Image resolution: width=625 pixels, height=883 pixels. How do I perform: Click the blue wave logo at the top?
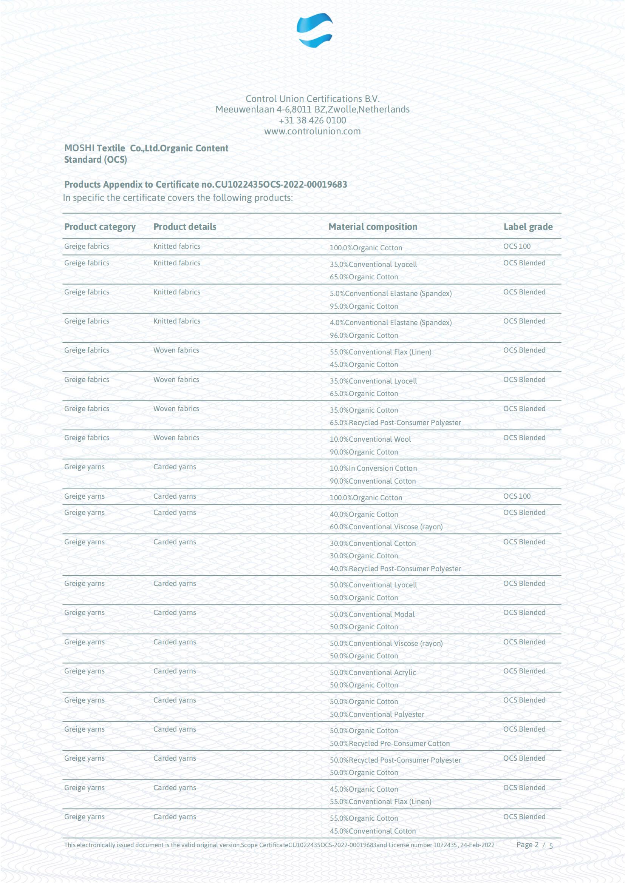point(314,30)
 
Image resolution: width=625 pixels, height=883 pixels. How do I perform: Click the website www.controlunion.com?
point(312,131)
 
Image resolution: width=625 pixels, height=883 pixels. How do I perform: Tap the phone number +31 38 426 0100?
point(312,120)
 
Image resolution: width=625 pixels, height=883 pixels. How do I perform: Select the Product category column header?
point(100,227)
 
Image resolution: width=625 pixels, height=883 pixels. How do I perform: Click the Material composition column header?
point(373,227)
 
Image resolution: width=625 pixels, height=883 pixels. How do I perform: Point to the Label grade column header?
point(528,227)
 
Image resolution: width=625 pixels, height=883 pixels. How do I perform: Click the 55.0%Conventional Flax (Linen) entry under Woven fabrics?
point(380,352)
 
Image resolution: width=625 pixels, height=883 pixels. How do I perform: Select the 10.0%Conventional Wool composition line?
point(370,439)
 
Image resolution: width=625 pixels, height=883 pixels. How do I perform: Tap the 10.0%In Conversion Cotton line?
point(373,468)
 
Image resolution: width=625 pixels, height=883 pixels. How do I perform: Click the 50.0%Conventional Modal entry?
point(372,614)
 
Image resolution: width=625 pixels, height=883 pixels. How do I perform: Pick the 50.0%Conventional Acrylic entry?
point(373,673)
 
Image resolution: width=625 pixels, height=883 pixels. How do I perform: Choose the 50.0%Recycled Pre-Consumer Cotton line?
point(390,743)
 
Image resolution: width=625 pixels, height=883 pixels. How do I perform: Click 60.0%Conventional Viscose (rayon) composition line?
point(386,527)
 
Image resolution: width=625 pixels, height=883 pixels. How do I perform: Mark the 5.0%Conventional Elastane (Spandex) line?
point(390,293)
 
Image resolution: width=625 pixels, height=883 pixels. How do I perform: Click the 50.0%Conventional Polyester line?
point(377,714)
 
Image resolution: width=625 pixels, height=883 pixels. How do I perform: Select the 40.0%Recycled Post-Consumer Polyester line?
point(395,569)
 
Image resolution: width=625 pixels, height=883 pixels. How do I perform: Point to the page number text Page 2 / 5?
point(534,845)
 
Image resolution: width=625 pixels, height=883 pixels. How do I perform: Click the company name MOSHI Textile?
point(95,148)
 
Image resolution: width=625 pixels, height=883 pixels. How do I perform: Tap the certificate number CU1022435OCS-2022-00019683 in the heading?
point(281,185)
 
